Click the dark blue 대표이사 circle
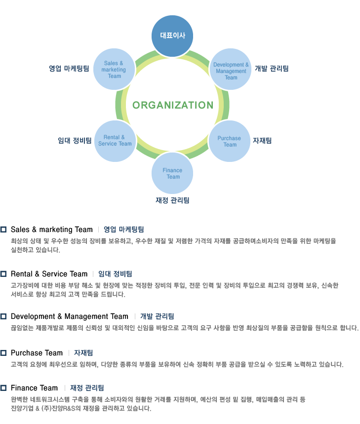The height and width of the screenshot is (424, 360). pyautogui.click(x=172, y=36)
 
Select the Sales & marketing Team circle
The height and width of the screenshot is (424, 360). pyautogui.click(x=114, y=69)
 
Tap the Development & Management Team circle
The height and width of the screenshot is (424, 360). pyautogui.click(x=231, y=71)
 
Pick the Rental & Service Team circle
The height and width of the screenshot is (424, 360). pyautogui.click(x=115, y=140)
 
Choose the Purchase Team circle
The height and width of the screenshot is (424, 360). pyautogui.click(x=230, y=141)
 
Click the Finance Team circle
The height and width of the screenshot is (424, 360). pyautogui.click(x=172, y=173)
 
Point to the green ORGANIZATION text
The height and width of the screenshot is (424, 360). pyautogui.click(x=173, y=105)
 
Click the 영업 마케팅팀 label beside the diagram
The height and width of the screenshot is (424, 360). pyautogui.click(x=69, y=69)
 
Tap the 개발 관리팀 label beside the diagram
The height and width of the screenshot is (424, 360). pyautogui.click(x=272, y=69)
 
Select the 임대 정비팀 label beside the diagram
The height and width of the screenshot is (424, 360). pyautogui.click(x=75, y=141)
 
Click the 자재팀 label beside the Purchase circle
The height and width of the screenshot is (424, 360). pyautogui.click(x=262, y=141)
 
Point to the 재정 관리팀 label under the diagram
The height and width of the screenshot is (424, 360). pyautogui.click(x=172, y=200)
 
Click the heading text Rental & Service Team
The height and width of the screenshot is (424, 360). pyautogui.click(x=49, y=274)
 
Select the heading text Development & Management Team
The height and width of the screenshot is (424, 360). pyautogui.click(x=69, y=316)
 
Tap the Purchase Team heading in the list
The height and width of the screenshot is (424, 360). pyautogui.click(x=37, y=353)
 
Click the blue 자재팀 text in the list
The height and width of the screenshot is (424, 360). pyautogui.click(x=83, y=353)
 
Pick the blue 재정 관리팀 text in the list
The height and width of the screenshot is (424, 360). pyautogui.click(x=87, y=388)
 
